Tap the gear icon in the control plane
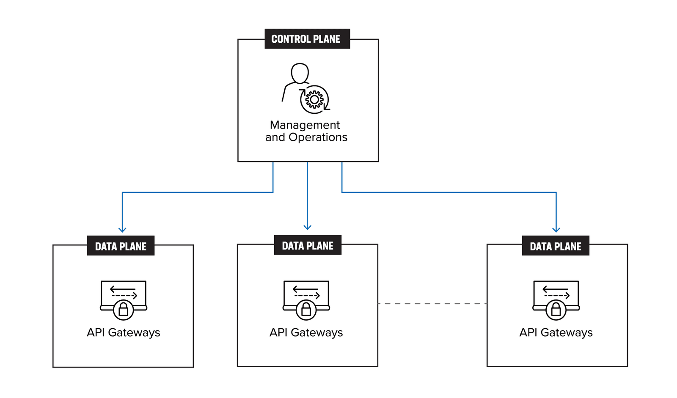tap(314, 100)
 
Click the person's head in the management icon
tap(300, 73)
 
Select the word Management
tap(305, 125)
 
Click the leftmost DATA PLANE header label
tap(121, 246)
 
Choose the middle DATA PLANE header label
tap(308, 245)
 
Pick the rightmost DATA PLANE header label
tap(556, 246)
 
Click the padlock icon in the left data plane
tap(124, 310)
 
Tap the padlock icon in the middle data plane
tap(306, 310)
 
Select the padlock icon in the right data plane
tap(556, 310)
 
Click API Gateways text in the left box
tap(124, 333)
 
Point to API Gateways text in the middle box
tap(306, 333)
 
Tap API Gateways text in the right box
tap(556, 333)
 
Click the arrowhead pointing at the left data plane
tap(122, 230)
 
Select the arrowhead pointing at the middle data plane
tap(308, 227)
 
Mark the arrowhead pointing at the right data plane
tap(556, 230)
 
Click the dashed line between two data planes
tap(432, 304)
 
